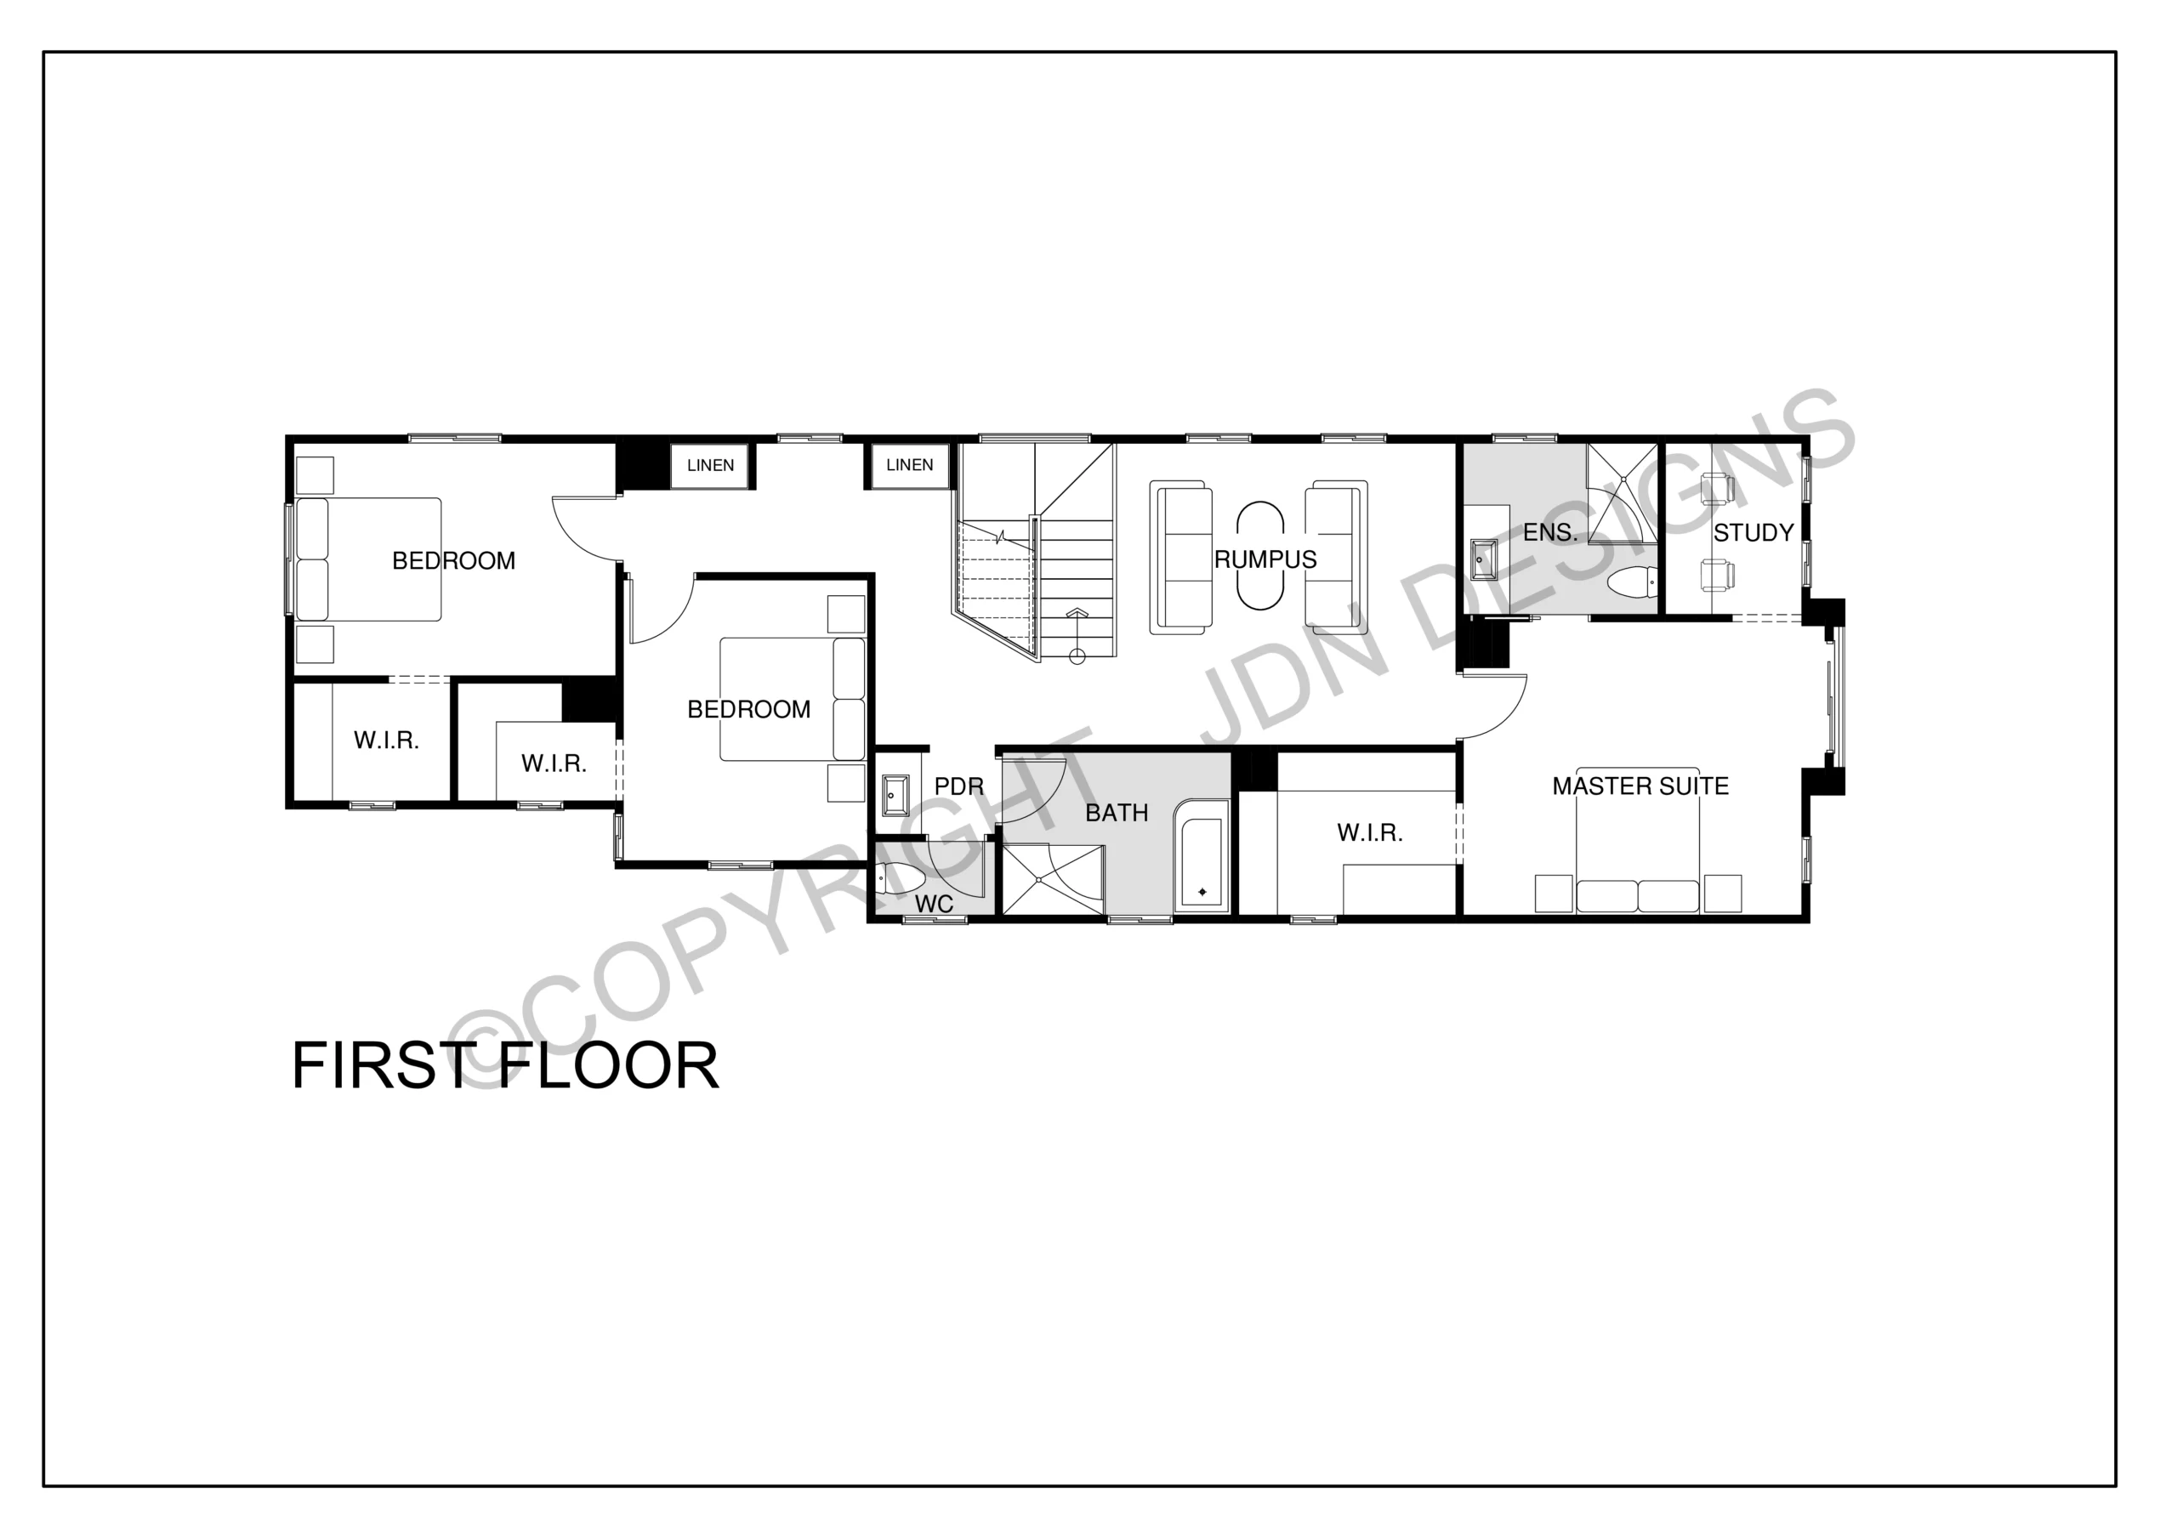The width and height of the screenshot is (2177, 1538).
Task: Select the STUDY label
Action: pos(1754,533)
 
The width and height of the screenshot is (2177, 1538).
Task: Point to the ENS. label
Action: pos(1550,533)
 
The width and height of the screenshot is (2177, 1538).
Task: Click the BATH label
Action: pos(1117,813)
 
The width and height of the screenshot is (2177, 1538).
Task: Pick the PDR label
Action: pos(959,786)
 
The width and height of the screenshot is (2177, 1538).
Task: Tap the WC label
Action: pos(934,905)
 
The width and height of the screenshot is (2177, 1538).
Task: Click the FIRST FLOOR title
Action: pos(505,1066)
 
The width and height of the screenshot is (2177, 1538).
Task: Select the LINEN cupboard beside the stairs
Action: pos(909,464)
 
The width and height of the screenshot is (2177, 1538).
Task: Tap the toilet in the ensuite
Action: pos(1633,578)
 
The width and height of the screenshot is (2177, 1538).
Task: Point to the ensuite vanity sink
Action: pos(1483,559)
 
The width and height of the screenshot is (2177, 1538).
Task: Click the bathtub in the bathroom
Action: pos(1202,857)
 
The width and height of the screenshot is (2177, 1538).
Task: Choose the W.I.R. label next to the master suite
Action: pos(1369,832)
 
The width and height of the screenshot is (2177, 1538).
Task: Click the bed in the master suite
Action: pos(1638,853)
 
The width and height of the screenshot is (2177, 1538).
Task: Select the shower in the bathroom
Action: pos(1054,880)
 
